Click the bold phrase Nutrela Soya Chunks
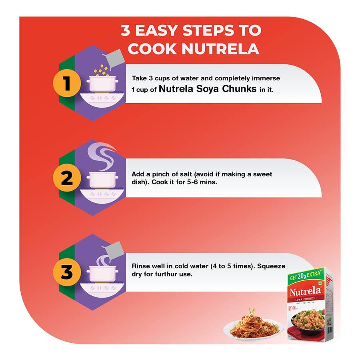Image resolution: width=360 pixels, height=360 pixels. [208, 89]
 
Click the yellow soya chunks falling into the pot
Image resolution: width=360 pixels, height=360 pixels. [101, 70]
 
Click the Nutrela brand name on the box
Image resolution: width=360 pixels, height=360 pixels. [305, 291]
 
